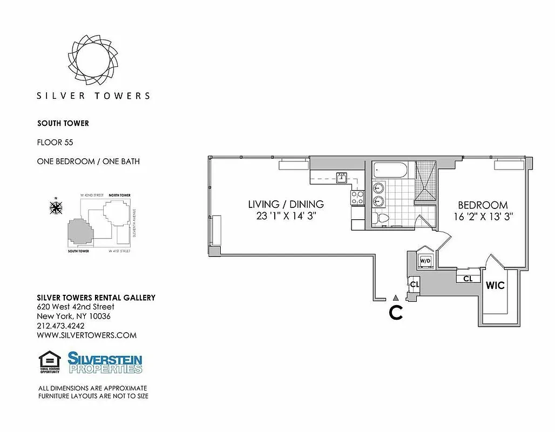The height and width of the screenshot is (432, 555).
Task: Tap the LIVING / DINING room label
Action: (x=286, y=204)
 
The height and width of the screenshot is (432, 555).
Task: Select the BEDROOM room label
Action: (x=483, y=205)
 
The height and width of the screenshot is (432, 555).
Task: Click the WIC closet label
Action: (x=495, y=285)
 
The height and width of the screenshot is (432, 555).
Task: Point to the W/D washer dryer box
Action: (x=426, y=261)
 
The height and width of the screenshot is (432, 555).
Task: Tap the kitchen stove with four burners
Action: (x=357, y=198)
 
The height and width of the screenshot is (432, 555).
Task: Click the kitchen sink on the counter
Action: (x=342, y=176)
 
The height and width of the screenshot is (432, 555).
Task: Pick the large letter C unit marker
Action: (x=396, y=313)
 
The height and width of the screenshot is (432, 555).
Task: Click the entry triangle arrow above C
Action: (x=396, y=298)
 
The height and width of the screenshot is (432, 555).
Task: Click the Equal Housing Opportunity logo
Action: (x=49, y=362)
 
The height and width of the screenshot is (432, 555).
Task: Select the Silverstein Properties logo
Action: (x=105, y=362)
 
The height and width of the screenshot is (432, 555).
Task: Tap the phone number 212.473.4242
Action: (x=60, y=326)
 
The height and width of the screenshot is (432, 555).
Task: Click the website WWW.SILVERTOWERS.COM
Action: (x=86, y=335)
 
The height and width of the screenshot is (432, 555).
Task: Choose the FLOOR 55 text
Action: (x=55, y=143)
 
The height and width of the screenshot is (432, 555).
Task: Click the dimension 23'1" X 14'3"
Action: (x=286, y=216)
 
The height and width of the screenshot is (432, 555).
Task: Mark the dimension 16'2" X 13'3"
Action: (x=483, y=217)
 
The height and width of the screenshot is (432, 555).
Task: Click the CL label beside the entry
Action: (x=414, y=285)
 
